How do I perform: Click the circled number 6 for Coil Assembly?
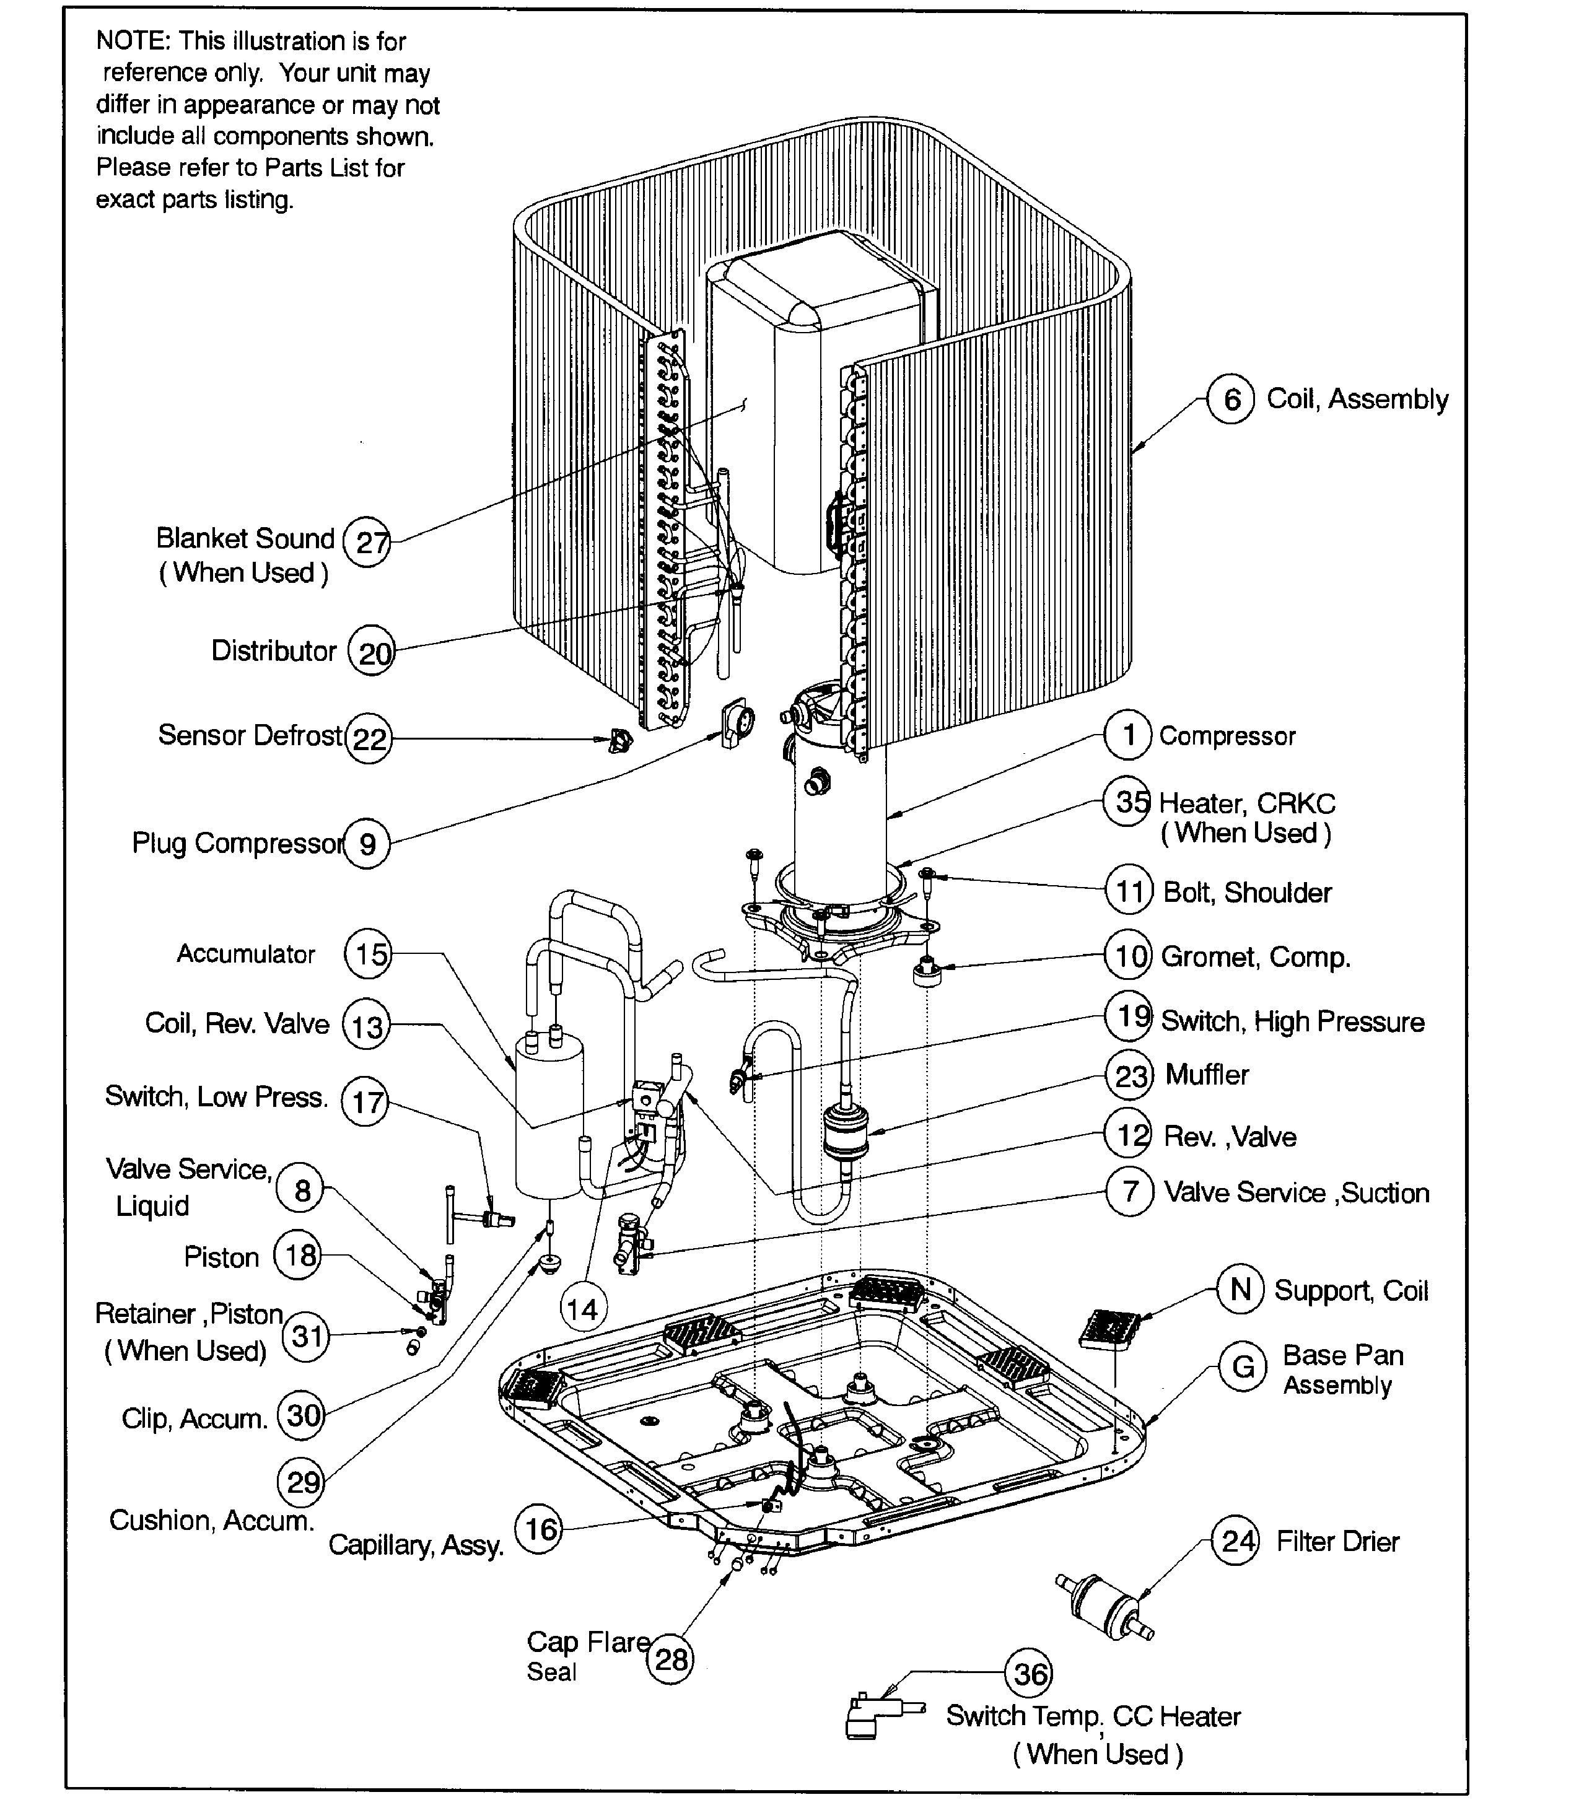tap(1230, 399)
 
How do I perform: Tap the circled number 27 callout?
tap(367, 542)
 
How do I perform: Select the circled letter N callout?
tap(1241, 1289)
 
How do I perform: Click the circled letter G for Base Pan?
tap(1243, 1367)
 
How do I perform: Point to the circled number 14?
tap(582, 1309)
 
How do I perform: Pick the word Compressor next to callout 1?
tap(1227, 736)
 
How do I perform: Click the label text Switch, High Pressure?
tap(1292, 1021)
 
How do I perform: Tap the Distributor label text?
tap(273, 650)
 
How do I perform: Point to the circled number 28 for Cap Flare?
tap(670, 1659)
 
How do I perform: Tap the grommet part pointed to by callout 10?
tap(927, 973)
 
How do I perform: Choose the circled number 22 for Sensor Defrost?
tap(369, 738)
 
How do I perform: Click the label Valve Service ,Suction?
tap(1296, 1192)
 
